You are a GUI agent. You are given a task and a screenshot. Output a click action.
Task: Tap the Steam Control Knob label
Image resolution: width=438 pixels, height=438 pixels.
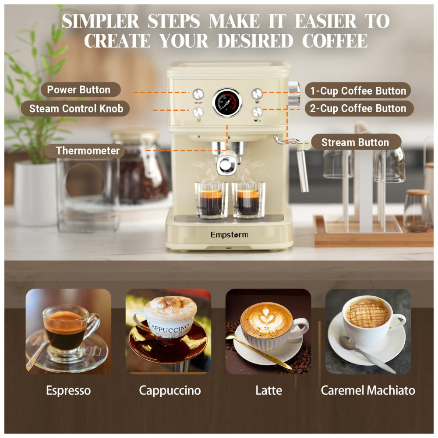click(75, 108)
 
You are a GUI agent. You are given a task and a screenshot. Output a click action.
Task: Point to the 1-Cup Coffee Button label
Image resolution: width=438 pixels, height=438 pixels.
click(358, 91)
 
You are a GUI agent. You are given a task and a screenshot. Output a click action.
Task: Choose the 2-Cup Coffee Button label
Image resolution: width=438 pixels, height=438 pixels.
click(358, 108)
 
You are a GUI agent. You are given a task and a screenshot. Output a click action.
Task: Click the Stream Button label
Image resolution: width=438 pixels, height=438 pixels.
click(356, 142)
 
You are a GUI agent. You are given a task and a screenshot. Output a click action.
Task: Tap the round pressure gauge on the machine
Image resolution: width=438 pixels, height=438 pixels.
click(227, 102)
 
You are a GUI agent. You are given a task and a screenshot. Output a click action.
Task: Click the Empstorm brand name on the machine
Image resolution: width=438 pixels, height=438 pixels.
click(230, 235)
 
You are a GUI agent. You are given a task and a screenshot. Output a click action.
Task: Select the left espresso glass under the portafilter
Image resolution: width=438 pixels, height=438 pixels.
click(211, 200)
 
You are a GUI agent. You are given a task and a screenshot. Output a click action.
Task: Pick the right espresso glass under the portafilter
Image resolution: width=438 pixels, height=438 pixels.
click(248, 200)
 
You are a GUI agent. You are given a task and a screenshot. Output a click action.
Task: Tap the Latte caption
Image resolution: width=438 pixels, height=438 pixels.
click(269, 390)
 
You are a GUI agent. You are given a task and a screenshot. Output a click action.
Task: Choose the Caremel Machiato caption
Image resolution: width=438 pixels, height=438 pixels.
click(368, 390)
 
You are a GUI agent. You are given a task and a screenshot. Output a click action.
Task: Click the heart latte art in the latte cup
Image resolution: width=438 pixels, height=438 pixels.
click(265, 317)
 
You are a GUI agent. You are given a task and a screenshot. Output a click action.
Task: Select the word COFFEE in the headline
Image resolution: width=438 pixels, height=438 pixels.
click(335, 41)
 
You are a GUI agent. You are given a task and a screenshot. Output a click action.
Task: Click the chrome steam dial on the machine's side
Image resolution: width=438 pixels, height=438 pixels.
click(293, 95)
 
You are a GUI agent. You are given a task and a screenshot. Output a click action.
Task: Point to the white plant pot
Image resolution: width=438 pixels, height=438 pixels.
click(35, 194)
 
